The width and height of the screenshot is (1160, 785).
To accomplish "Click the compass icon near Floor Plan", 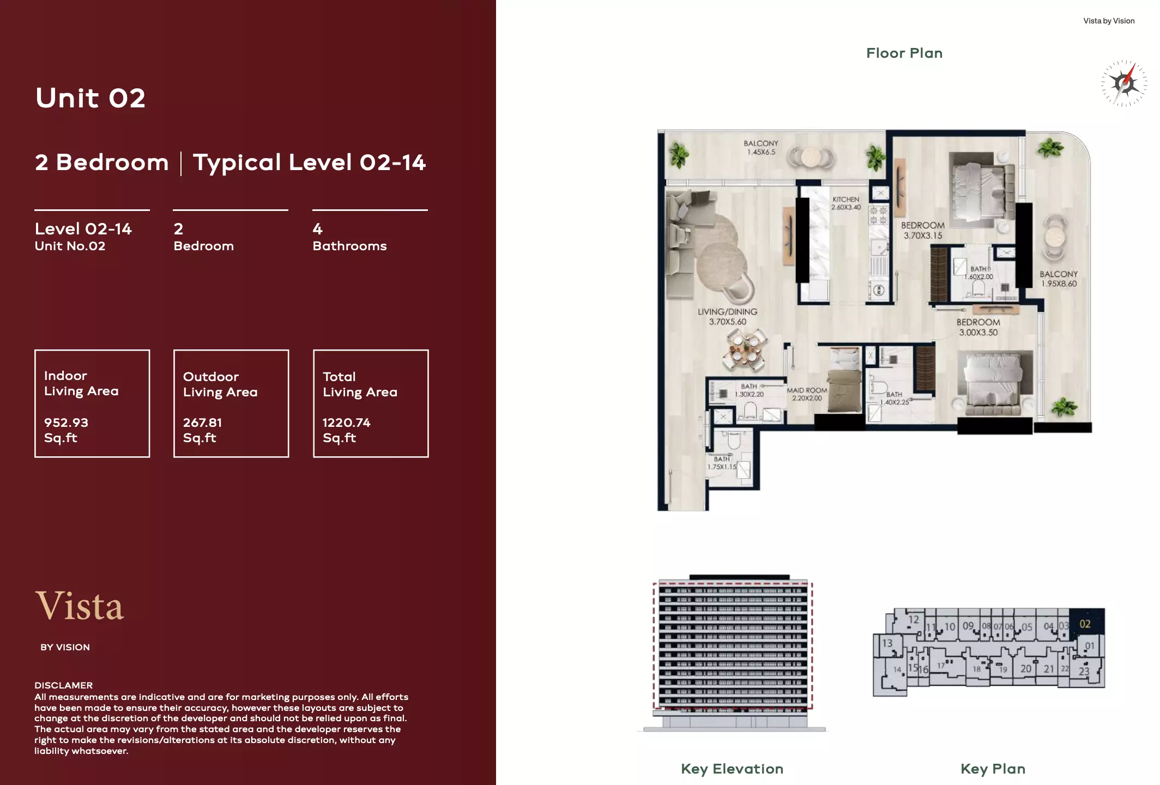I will pos(1123,83).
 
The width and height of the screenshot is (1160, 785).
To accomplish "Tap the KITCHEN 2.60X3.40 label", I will pos(845,203).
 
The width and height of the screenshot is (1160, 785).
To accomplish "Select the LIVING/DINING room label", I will pos(727,317).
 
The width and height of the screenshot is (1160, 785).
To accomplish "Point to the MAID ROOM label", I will pos(806,394).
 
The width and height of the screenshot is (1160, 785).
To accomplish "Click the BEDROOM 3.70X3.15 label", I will pos(922,231).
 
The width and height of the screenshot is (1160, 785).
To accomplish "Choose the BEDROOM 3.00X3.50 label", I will pos(978,327).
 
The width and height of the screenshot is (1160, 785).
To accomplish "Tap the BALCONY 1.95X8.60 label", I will pos(1058,279).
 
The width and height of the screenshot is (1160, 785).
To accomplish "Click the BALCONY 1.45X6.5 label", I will pos(760,148).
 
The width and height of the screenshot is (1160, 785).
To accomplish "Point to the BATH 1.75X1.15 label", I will pos(722,463).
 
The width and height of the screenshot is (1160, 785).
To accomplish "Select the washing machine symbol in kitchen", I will pos(879,291).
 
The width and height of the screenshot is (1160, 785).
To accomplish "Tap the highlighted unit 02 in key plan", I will pos(1086,624).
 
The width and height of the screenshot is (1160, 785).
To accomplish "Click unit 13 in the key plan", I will pos(887,643).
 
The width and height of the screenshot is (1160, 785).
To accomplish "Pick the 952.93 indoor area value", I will pos(66,422).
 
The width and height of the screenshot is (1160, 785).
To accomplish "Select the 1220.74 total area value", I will pos(346,422).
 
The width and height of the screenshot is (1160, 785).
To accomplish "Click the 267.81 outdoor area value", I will pos(202,422).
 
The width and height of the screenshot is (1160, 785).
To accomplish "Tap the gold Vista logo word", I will pos(80,606).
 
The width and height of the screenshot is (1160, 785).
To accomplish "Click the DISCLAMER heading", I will pos(63,685).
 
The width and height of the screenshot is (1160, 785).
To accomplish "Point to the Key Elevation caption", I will pos(732,769).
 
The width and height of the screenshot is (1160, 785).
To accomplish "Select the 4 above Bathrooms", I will pos(317,229).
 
